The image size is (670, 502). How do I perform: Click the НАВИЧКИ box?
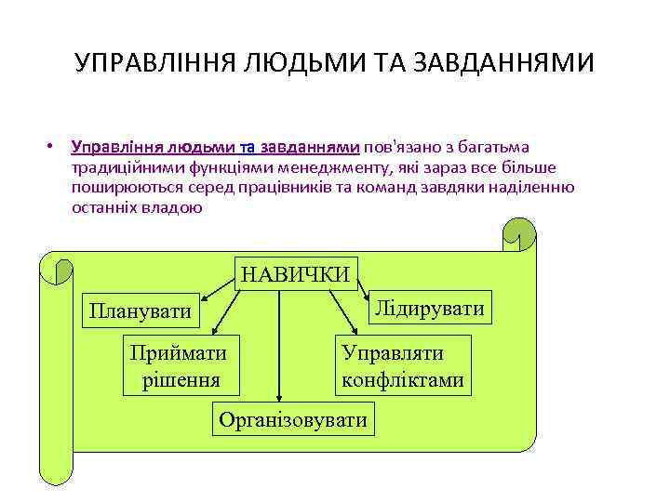(x=296, y=272)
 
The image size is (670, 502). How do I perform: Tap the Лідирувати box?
(x=429, y=308)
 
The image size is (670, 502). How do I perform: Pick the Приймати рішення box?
(x=181, y=366)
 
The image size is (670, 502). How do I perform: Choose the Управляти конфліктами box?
(x=402, y=366)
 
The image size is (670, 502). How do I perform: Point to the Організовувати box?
(x=293, y=420)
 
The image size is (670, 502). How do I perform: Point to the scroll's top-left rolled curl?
(x=58, y=269)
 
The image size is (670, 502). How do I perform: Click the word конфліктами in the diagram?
(x=402, y=379)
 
